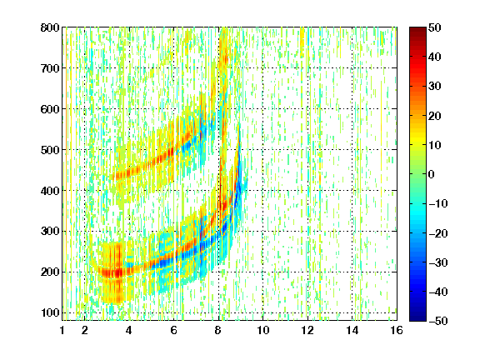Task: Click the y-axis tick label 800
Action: click(x=50, y=27)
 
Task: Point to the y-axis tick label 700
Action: click(x=50, y=68)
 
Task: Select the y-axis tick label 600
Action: click(x=50, y=109)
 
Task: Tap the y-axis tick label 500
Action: click(x=50, y=150)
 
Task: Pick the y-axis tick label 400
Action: click(x=50, y=191)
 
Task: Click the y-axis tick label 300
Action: click(x=50, y=232)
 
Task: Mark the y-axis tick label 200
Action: click(x=50, y=272)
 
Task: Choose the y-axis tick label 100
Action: click(x=50, y=312)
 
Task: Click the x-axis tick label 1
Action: click(x=62, y=330)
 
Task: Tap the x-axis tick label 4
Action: click(x=129, y=330)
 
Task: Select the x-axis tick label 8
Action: click(x=218, y=330)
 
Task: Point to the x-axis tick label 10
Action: click(x=263, y=330)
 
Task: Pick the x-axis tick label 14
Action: click(x=352, y=330)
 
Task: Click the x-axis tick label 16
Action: click(x=397, y=330)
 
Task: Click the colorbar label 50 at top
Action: click(x=435, y=27)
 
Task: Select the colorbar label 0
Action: click(x=432, y=174)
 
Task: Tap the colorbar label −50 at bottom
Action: click(x=438, y=321)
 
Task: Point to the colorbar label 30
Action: click(x=435, y=87)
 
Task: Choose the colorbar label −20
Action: click(x=438, y=233)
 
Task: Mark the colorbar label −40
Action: click(x=438, y=292)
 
